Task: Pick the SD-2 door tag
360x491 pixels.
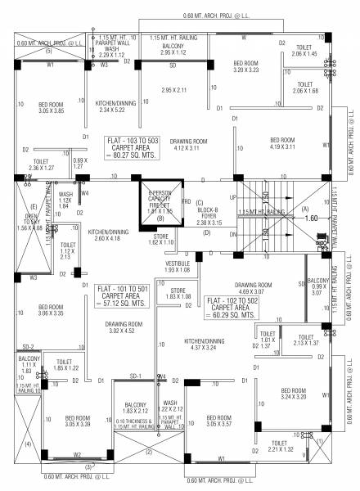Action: pyautogui.click(x=29, y=347)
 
